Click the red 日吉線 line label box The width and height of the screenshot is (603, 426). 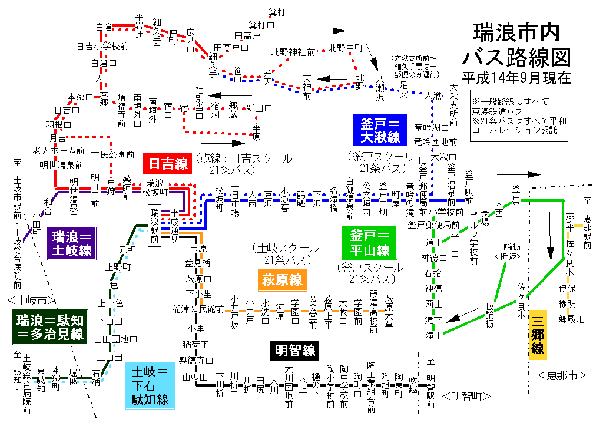pyautogui.click(x=168, y=162)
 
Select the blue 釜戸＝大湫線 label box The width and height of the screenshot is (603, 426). pyautogui.click(x=380, y=130)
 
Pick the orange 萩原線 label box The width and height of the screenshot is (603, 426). pyautogui.click(x=283, y=279)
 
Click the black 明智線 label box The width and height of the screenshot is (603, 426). pyautogui.click(x=295, y=351)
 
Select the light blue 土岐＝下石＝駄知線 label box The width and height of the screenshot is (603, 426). pyautogui.click(x=150, y=386)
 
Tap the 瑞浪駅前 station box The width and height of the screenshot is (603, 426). pyautogui.click(x=155, y=226)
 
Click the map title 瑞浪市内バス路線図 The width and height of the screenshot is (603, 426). pyautogui.click(x=516, y=44)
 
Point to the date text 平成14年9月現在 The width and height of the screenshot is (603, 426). pyautogui.click(x=516, y=77)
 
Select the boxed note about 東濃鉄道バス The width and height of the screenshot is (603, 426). pyautogui.click(x=519, y=115)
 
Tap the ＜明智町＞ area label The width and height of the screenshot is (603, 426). pyautogui.click(x=466, y=397)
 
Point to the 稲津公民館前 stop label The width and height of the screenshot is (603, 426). pyautogui.click(x=198, y=308)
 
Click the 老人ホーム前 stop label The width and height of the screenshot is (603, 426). pyautogui.click(x=58, y=151)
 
